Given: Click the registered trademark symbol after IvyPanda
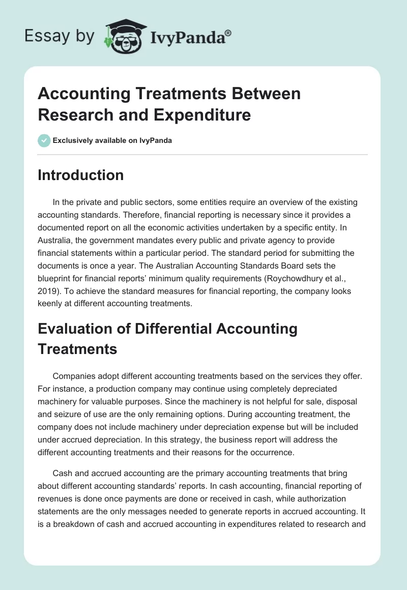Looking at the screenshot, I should [228, 33].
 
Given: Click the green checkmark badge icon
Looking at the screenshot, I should [44, 140].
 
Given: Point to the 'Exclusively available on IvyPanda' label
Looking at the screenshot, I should [112, 141].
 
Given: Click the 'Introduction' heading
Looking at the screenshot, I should [81, 175].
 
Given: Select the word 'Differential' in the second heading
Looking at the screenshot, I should [174, 328].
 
